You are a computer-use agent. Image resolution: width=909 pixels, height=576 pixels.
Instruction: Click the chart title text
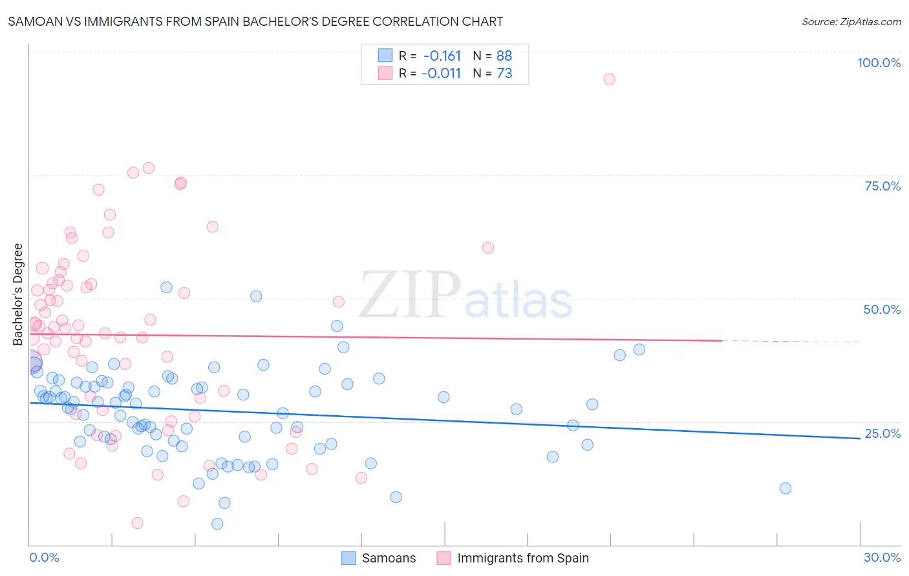click(255, 21)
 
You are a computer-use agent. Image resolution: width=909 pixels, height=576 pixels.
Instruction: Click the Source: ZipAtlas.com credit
click(851, 22)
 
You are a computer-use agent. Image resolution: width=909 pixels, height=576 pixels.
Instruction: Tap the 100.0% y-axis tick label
click(879, 63)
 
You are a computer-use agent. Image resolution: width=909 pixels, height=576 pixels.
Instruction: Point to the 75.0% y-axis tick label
click(882, 186)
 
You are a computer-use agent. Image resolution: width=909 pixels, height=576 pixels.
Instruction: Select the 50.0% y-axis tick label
click(882, 309)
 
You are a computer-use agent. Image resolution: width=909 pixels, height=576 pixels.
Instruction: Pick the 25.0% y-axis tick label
click(882, 433)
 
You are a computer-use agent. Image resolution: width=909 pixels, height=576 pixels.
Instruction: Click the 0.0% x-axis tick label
click(44, 557)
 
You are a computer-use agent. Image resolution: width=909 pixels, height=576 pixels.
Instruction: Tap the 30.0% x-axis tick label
click(882, 557)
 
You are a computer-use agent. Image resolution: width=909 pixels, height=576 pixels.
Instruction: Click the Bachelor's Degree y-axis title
click(17, 294)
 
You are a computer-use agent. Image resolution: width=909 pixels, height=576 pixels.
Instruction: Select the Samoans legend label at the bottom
click(389, 558)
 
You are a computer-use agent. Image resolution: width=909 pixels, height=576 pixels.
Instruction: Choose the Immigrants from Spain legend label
click(522, 558)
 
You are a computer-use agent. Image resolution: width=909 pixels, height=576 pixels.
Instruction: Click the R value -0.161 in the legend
click(442, 56)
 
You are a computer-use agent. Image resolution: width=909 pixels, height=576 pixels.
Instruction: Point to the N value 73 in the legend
click(504, 74)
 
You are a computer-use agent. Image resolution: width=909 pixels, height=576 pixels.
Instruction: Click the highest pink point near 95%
click(609, 79)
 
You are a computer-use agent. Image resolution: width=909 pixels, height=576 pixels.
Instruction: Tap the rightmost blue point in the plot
click(786, 488)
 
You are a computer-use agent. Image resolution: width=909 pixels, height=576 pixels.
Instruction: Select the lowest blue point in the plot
click(217, 524)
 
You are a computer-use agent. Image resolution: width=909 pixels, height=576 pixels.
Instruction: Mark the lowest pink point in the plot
click(137, 523)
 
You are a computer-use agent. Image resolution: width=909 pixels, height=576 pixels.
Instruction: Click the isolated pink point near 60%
click(488, 248)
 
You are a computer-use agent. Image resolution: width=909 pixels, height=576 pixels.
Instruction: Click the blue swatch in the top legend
click(385, 56)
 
